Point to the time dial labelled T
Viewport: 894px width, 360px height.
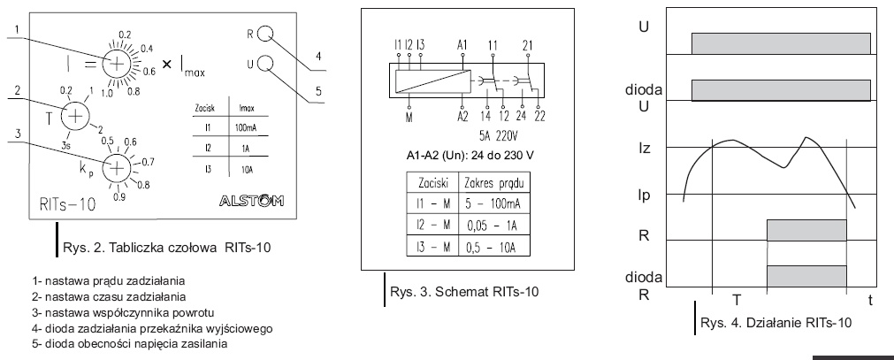click(75, 115)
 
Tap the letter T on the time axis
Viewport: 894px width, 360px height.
click(736, 300)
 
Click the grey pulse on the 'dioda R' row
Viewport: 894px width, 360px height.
click(806, 275)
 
